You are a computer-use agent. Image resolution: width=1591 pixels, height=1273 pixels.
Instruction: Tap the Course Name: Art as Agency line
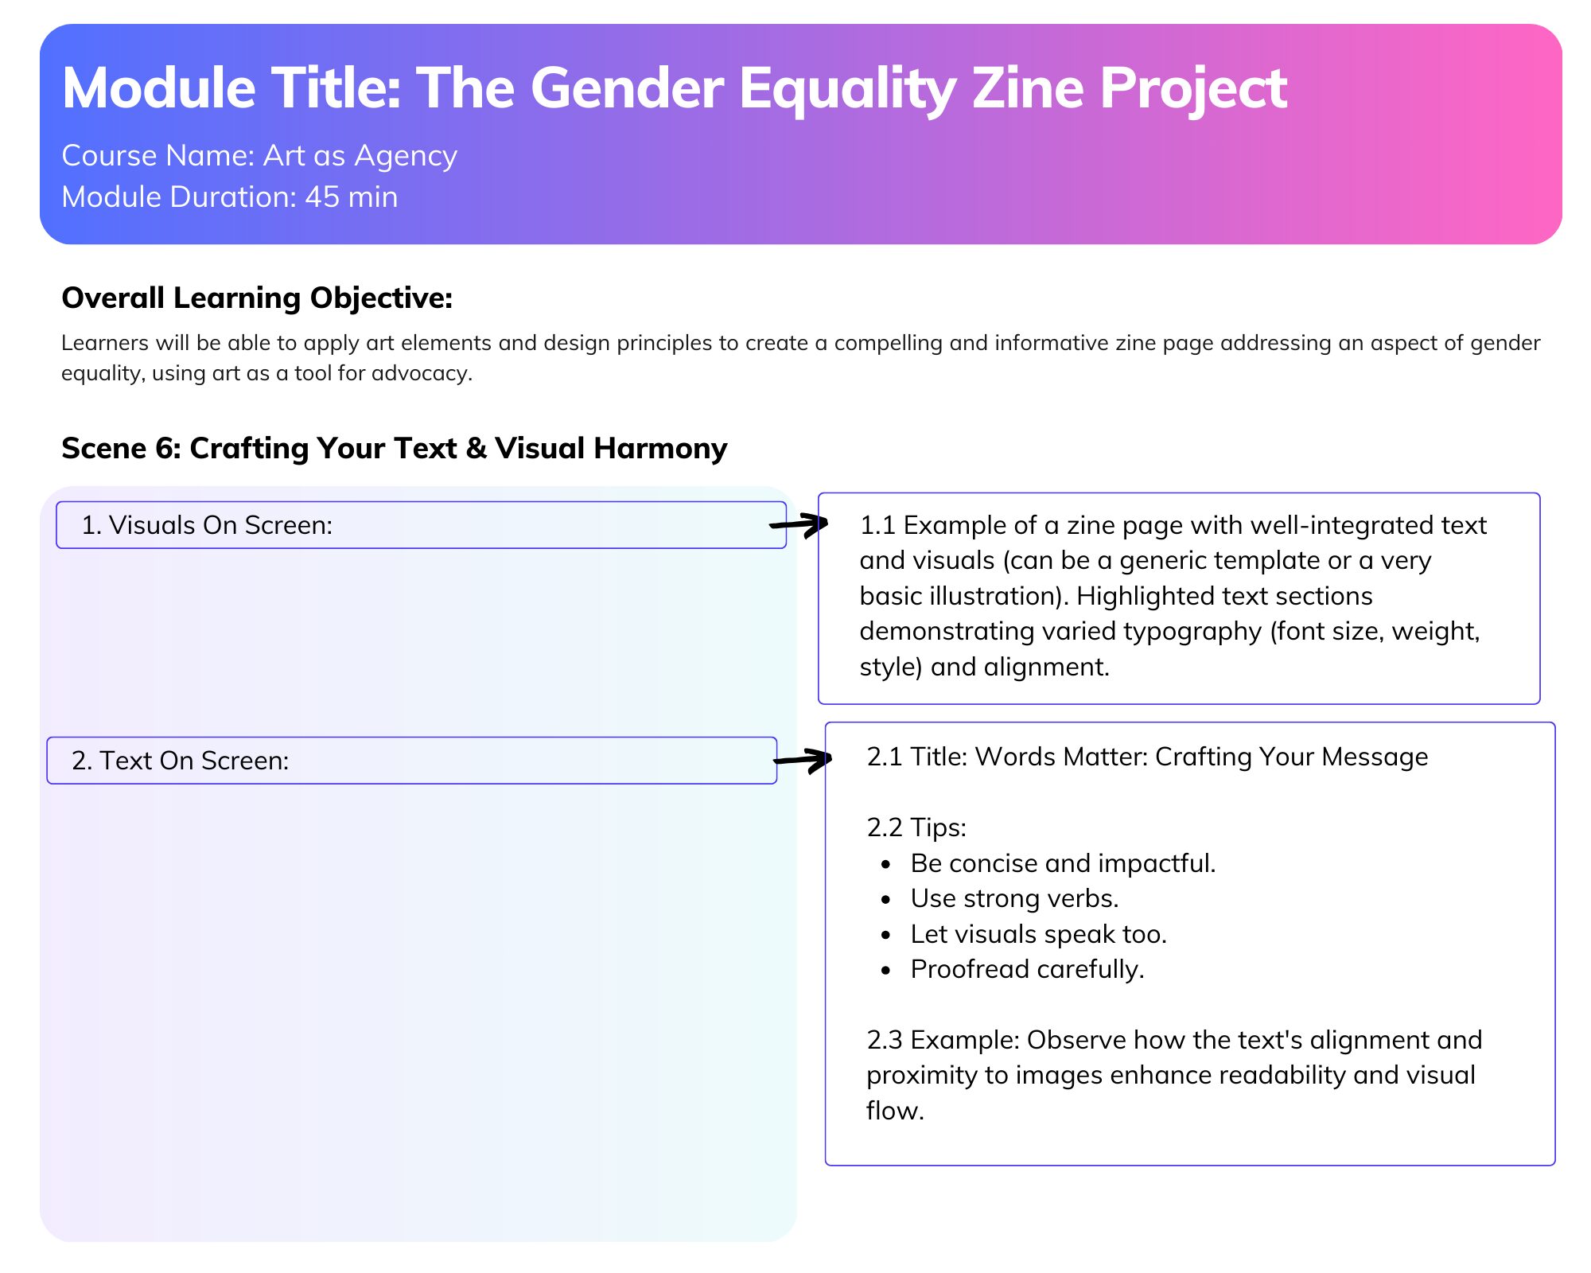tap(259, 156)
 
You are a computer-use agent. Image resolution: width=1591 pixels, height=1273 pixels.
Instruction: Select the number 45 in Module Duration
tap(322, 197)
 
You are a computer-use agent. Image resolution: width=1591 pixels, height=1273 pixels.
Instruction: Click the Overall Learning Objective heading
tap(257, 298)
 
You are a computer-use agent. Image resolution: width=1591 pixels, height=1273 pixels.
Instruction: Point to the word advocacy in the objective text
tap(427, 373)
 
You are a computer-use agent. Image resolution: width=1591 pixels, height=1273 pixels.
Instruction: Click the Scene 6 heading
tap(395, 449)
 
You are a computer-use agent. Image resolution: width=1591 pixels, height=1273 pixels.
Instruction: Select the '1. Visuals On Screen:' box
tap(421, 525)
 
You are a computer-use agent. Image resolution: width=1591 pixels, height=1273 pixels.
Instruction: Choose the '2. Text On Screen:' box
tap(411, 761)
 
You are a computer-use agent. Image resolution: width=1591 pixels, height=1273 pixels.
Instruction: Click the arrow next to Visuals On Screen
tap(799, 524)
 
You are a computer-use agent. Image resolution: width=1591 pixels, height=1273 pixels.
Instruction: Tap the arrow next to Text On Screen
tap(803, 760)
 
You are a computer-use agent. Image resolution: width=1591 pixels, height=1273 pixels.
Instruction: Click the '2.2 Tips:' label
tap(916, 827)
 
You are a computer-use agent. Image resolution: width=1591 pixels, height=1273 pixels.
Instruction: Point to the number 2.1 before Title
tap(884, 757)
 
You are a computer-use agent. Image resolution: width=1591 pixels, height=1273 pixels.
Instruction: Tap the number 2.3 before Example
tap(885, 1040)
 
